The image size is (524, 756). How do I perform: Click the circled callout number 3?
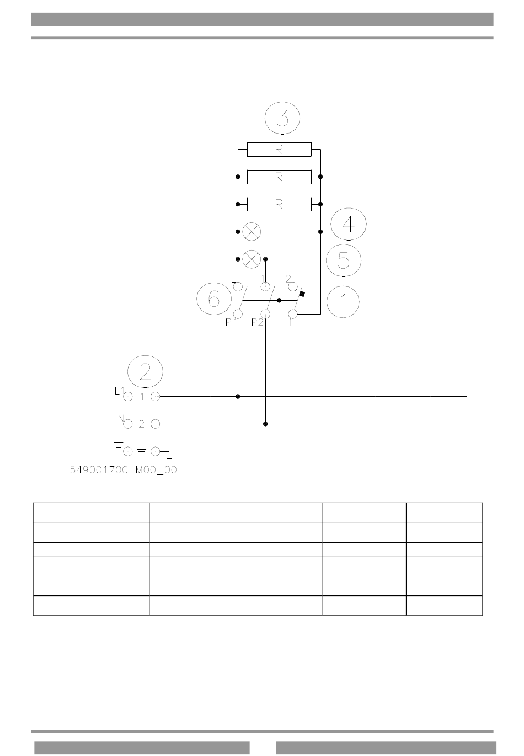pyautogui.click(x=282, y=118)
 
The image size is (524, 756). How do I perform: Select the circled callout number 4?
pyautogui.click(x=348, y=224)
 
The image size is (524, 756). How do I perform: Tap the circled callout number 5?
pyautogui.click(x=344, y=260)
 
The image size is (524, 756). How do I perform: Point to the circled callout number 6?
pyautogui.click(x=214, y=299)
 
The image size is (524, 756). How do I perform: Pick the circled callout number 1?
pyautogui.click(x=343, y=302)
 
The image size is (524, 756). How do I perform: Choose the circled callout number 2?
pyautogui.click(x=145, y=371)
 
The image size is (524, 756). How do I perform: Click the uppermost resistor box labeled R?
pyautogui.click(x=279, y=150)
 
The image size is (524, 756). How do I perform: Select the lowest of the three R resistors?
pyautogui.click(x=279, y=204)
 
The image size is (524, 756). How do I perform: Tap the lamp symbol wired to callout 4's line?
pyautogui.click(x=252, y=232)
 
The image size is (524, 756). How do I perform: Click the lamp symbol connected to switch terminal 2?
pyautogui.click(x=252, y=259)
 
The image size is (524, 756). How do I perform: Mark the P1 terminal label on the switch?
pyautogui.click(x=231, y=322)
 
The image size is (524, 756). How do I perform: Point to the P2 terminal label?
pyautogui.click(x=257, y=322)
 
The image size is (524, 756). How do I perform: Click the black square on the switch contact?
pyautogui.click(x=302, y=294)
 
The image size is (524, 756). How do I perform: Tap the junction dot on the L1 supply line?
pyautogui.click(x=238, y=397)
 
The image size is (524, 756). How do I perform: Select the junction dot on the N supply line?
pyautogui.click(x=265, y=424)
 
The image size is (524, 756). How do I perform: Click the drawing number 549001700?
pyautogui.click(x=99, y=470)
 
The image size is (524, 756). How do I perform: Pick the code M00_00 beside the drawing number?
pyautogui.click(x=156, y=470)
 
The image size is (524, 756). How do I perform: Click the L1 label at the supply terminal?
pyautogui.click(x=120, y=391)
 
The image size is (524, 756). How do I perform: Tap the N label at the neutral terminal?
pyautogui.click(x=121, y=418)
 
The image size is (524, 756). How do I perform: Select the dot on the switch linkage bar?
pyautogui.click(x=279, y=300)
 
